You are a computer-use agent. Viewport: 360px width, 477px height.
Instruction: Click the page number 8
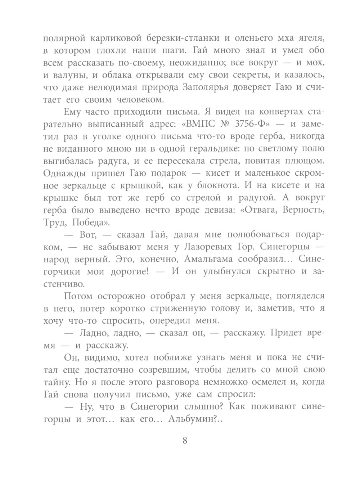pyautogui.click(x=185, y=440)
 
